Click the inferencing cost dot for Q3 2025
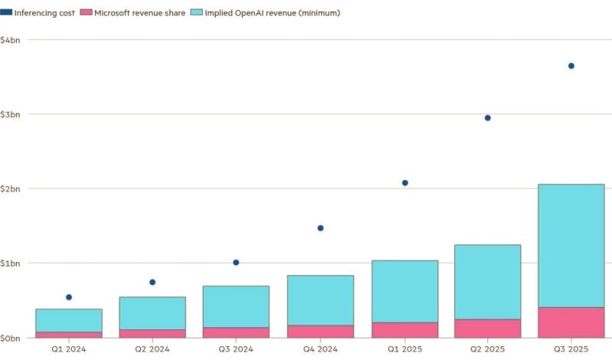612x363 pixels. click(571, 66)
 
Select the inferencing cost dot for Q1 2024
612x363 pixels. click(69, 297)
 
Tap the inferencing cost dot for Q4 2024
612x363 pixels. click(321, 228)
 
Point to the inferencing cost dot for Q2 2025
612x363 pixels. click(487, 118)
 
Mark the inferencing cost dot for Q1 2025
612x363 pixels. click(405, 183)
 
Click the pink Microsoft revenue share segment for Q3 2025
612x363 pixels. click(571, 322)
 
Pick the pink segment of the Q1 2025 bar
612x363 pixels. click(405, 329)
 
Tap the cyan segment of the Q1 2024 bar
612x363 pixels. click(69, 320)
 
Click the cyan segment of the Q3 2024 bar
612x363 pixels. click(236, 306)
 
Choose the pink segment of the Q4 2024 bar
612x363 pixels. click(321, 331)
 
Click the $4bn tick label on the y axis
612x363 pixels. click(11, 40)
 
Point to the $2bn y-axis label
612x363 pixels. click(11, 188)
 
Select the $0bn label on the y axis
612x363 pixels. click(11, 338)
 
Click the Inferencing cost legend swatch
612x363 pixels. click(7, 13)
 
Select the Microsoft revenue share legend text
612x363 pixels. click(140, 13)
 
